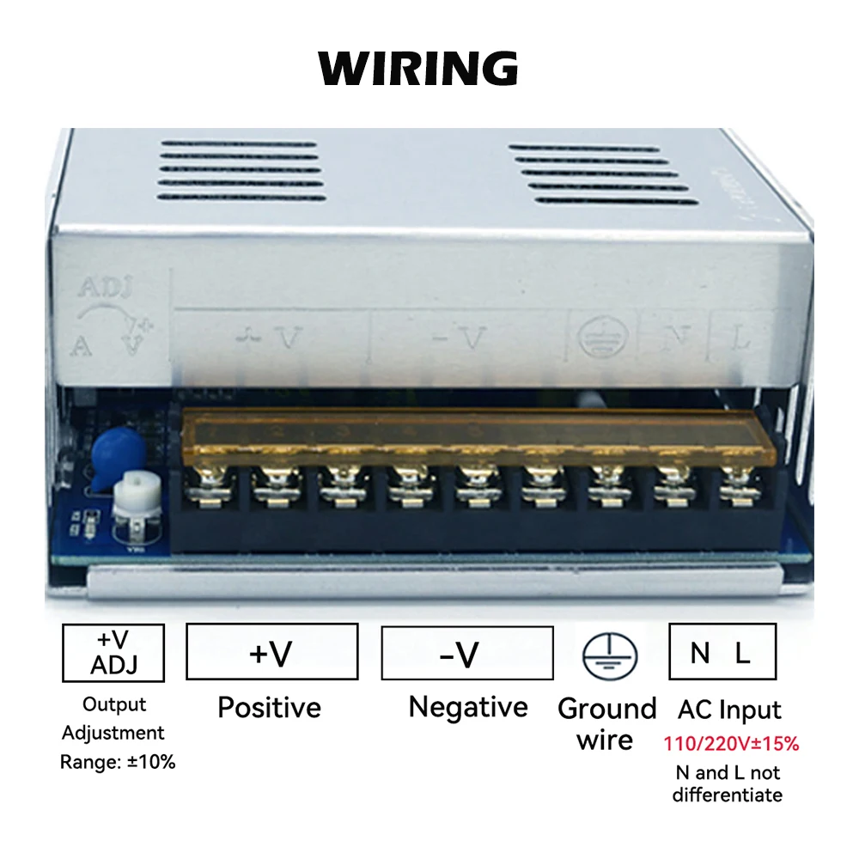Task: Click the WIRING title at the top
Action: [418, 67]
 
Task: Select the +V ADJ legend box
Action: [113, 652]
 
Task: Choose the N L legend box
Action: [722, 652]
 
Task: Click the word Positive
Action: [269, 708]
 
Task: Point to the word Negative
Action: [468, 708]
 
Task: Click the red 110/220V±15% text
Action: [731, 744]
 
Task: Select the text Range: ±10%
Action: [118, 762]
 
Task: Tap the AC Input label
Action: [729, 710]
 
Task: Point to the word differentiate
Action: [728, 795]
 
